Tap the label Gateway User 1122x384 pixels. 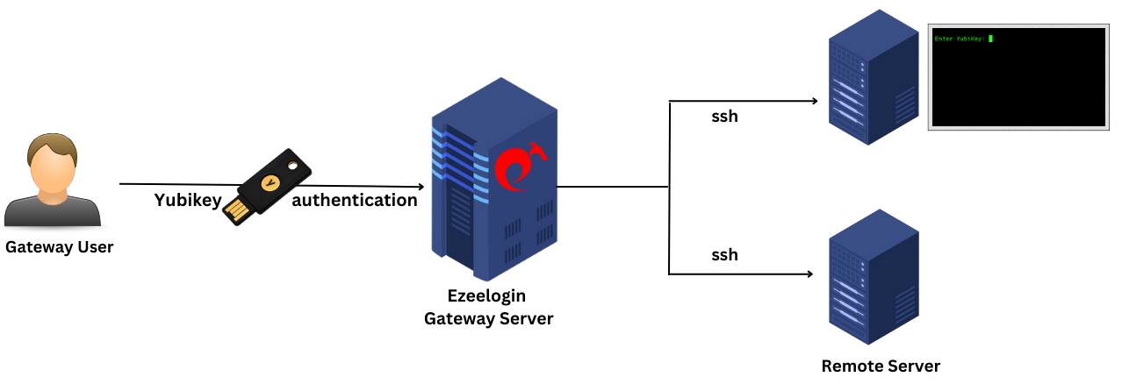tap(59, 247)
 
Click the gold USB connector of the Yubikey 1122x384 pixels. tap(237, 211)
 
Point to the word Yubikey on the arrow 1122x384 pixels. tap(188, 201)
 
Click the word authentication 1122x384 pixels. tap(354, 201)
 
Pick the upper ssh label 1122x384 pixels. tap(724, 116)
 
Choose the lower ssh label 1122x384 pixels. tap(724, 255)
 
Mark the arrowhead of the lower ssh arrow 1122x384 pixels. tap(809, 274)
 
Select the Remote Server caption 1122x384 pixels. tap(881, 366)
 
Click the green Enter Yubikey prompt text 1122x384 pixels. tap(960, 39)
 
